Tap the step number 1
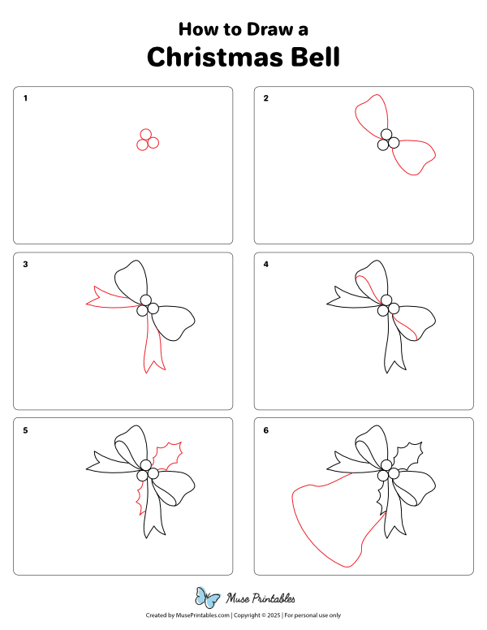[x=26, y=98]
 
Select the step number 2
[x=265, y=98]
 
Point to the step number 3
[x=26, y=264]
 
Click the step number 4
[x=265, y=264]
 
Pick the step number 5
[x=26, y=430]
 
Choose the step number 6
[x=265, y=430]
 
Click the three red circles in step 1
[x=147, y=140]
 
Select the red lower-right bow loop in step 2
[x=416, y=157]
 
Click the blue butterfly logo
[x=208, y=598]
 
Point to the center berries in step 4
[x=387, y=305]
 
